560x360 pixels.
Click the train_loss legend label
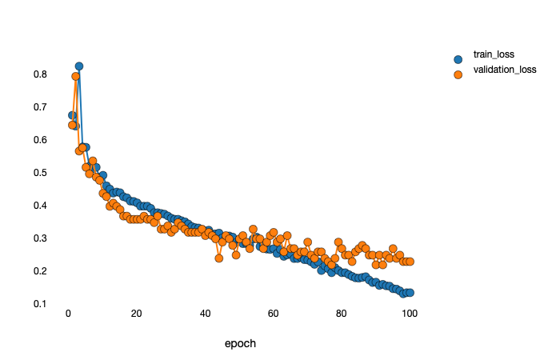click(x=493, y=54)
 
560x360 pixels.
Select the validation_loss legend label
click(x=504, y=70)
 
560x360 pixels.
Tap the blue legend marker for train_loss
click(x=458, y=59)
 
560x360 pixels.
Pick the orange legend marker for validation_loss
click(x=458, y=74)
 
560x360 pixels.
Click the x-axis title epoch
click(x=240, y=344)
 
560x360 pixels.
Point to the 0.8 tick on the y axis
click(x=40, y=74)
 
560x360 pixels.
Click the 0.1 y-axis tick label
click(x=40, y=304)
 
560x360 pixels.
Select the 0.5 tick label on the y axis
click(x=40, y=173)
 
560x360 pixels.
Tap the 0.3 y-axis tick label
click(x=40, y=238)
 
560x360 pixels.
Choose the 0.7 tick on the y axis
click(x=40, y=107)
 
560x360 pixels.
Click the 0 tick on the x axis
click(x=68, y=313)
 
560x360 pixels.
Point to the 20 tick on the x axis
click(x=136, y=313)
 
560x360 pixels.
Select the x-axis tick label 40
click(x=205, y=313)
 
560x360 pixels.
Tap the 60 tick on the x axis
click(x=273, y=313)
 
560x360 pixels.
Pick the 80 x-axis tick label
click(x=342, y=313)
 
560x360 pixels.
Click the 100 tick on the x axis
click(x=410, y=313)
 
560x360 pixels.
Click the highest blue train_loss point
click(x=79, y=66)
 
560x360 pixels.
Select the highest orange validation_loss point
click(x=76, y=77)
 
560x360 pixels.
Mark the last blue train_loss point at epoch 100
click(x=410, y=293)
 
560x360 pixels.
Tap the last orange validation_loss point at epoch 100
click(x=410, y=262)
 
